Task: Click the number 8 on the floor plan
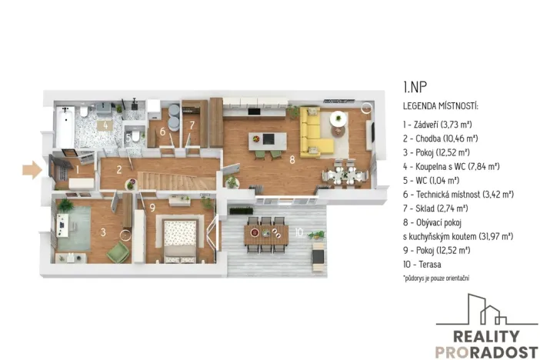tap(292, 161)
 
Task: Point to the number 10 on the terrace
tap(298, 232)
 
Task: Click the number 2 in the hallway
tap(120, 170)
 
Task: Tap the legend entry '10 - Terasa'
tap(423, 264)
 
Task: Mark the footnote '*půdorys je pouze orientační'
tap(435, 276)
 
